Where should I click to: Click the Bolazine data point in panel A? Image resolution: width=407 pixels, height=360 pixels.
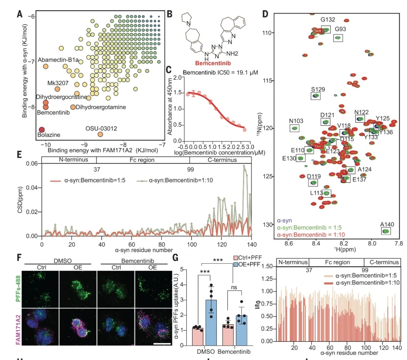(x=42, y=129)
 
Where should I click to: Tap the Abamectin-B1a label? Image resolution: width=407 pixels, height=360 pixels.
(x=58, y=59)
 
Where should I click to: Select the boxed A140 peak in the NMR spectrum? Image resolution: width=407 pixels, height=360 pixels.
(x=385, y=231)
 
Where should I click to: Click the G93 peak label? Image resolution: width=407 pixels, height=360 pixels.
(x=340, y=29)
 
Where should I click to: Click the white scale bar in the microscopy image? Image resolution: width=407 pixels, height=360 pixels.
(x=162, y=344)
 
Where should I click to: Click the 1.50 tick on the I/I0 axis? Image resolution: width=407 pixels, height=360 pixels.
(x=266, y=266)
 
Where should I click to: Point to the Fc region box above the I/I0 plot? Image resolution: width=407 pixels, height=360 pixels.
(x=336, y=262)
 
